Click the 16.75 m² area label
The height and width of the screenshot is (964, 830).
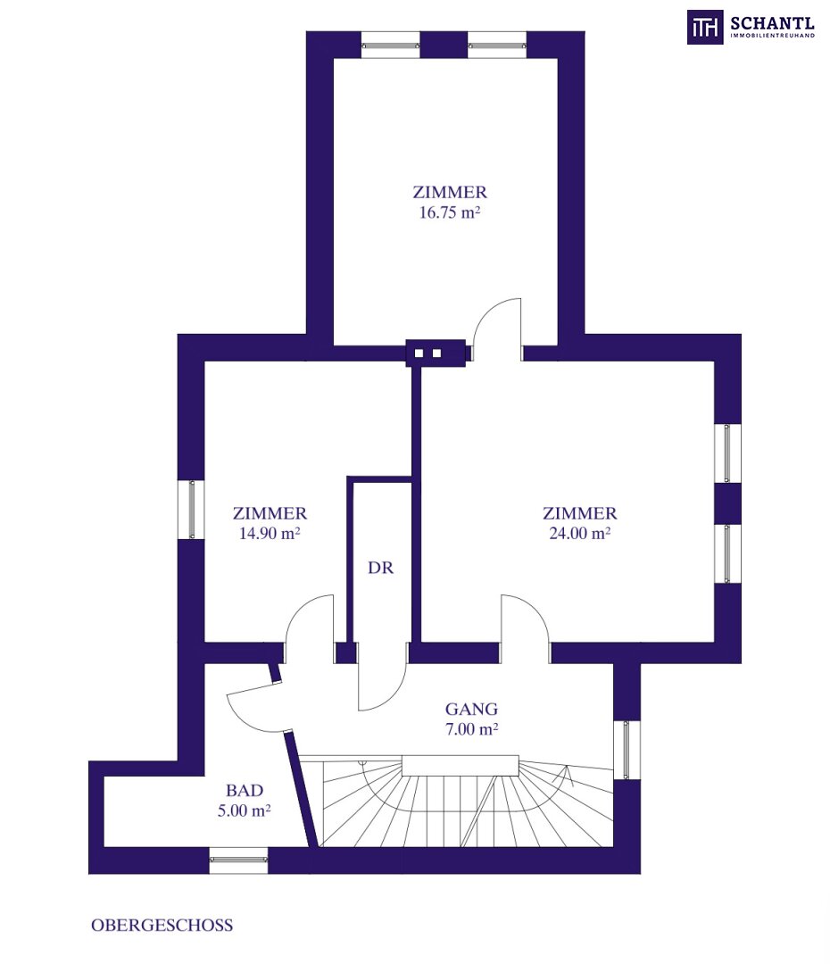click(450, 212)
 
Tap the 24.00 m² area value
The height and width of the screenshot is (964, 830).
click(580, 534)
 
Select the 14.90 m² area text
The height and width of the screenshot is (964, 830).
click(270, 534)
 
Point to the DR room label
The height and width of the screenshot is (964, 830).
click(380, 568)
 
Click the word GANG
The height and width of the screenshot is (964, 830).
click(471, 710)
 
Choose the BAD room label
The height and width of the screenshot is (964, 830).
click(245, 791)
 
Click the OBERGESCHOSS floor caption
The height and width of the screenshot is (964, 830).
click(162, 926)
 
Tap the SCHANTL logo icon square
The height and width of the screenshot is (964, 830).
click(704, 27)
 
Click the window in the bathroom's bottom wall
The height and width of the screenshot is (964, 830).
click(238, 860)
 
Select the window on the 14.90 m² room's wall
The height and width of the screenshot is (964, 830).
click(191, 510)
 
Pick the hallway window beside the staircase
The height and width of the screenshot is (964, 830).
click(627, 750)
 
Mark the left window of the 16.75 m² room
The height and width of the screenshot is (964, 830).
click(390, 45)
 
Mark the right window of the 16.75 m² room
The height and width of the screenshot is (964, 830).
click(497, 45)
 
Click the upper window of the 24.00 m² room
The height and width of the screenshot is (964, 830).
click(727, 453)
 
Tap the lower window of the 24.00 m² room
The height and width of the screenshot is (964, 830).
click(727, 553)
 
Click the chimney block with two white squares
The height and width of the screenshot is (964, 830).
click(436, 353)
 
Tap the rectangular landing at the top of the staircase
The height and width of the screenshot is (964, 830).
click(461, 766)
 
